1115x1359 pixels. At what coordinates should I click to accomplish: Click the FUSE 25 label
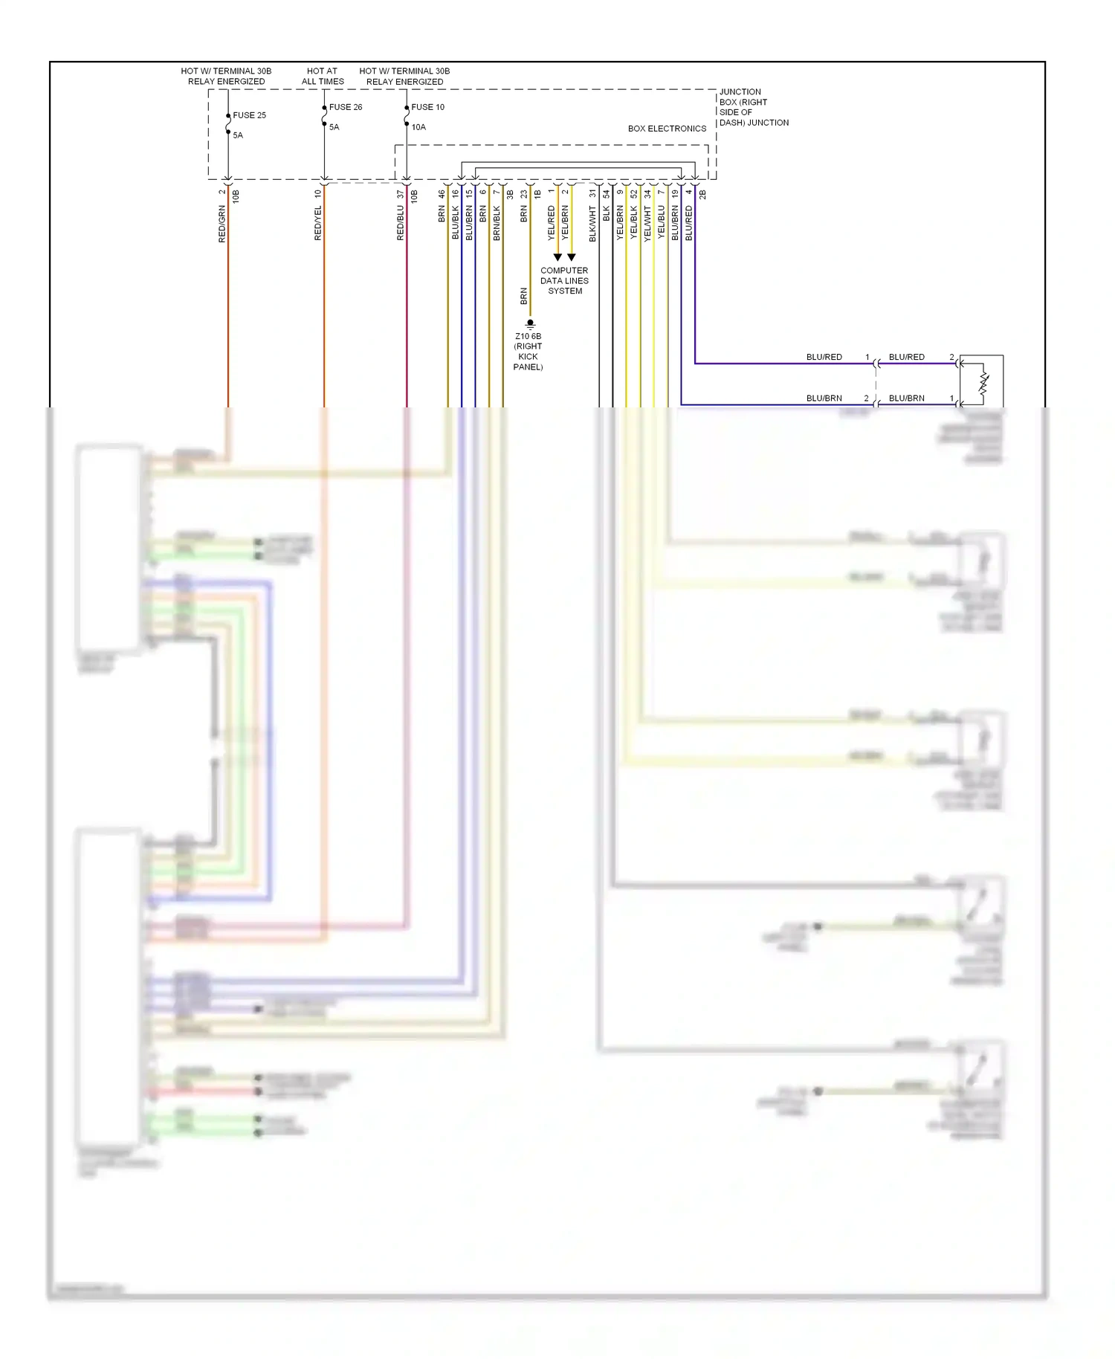coord(249,115)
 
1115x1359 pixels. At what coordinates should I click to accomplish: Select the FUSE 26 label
coord(346,107)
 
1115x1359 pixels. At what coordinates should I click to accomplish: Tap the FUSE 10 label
coord(427,107)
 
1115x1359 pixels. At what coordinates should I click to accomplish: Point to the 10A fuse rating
coord(418,127)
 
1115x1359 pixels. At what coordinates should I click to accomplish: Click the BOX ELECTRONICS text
coord(667,129)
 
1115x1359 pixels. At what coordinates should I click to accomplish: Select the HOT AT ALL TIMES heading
coord(323,77)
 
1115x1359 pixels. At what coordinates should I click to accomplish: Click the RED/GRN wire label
coord(222,224)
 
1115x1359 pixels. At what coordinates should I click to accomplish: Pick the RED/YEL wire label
coord(318,224)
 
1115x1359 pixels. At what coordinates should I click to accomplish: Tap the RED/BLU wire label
coord(400,224)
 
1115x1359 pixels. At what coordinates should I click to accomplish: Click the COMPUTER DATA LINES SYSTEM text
coord(564,281)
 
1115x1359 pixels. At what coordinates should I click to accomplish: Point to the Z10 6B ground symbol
coord(530,324)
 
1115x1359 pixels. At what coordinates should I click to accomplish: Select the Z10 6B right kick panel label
coord(528,352)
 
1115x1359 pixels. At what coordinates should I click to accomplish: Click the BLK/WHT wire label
coord(592,224)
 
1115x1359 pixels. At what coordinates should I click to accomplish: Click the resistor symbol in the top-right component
coord(983,384)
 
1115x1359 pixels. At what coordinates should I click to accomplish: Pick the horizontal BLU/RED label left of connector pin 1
coord(824,357)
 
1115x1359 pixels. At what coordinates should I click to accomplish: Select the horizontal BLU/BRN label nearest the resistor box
coord(906,398)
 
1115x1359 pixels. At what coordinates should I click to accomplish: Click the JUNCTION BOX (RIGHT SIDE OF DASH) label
coord(753,107)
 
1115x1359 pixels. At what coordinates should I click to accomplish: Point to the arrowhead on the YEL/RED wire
coord(557,257)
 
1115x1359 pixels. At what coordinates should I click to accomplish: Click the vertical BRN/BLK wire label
coord(497,224)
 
